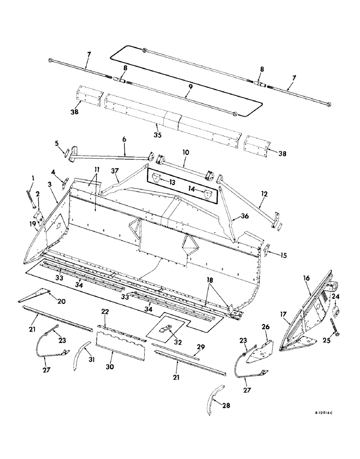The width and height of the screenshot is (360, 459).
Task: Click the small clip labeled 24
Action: click(x=335, y=313)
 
